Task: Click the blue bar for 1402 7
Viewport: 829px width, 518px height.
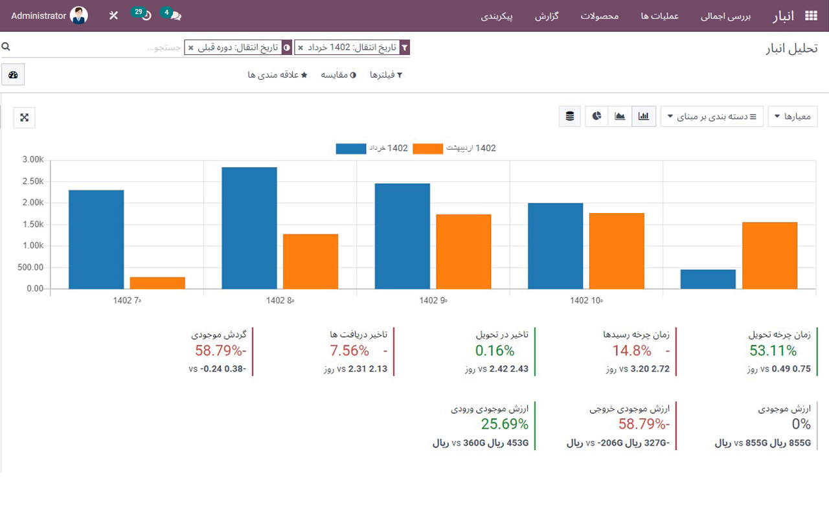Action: click(96, 239)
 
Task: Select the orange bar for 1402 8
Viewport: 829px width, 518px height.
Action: click(310, 261)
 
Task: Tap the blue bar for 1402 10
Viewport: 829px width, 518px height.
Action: click(555, 245)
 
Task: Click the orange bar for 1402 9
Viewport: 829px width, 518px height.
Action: click(463, 251)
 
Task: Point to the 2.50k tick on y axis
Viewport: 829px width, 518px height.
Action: click(32, 181)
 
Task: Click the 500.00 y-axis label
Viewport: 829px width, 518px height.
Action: click(30, 267)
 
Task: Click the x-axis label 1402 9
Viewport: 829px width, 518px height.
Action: click(433, 300)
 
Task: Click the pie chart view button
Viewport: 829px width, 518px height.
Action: click(596, 117)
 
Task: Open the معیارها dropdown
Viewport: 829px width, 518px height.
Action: click(793, 117)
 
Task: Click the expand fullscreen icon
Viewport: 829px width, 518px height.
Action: click(25, 117)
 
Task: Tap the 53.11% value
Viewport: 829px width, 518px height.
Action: click(773, 351)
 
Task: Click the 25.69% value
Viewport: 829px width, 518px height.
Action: click(505, 424)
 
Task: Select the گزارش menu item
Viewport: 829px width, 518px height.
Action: click(547, 16)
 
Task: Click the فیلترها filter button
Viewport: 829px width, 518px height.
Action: click(386, 75)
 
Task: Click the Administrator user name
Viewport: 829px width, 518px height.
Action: click(39, 16)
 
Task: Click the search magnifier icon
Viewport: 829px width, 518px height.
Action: click(6, 47)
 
